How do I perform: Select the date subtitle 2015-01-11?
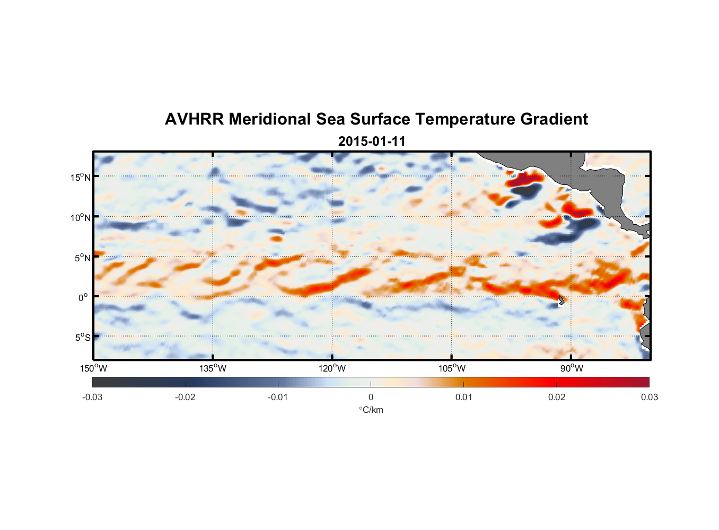tap(372, 142)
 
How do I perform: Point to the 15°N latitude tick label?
tap(81, 177)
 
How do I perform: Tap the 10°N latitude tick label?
tap(81, 217)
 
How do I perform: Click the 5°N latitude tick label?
tap(82, 258)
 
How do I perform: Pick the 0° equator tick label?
tap(83, 297)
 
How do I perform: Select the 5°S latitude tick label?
tap(82, 338)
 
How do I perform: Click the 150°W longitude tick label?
tap(93, 368)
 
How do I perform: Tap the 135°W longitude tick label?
tap(213, 368)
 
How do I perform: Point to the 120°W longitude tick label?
tap(332, 368)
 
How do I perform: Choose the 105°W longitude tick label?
tap(452, 368)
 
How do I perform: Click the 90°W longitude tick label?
tap(572, 368)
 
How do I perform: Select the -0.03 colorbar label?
tap(92, 397)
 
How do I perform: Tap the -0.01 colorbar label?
tap(278, 397)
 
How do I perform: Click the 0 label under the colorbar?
tap(371, 397)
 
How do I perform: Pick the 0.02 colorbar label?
tap(557, 397)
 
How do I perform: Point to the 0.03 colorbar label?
tap(649, 397)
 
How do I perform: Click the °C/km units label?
tap(371, 410)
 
